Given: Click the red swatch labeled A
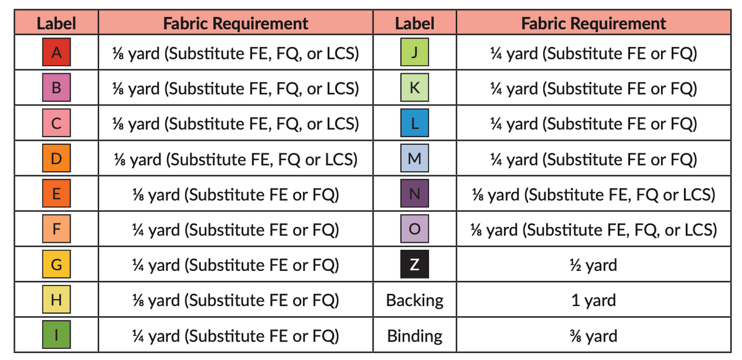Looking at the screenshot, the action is pyautogui.click(x=56, y=52).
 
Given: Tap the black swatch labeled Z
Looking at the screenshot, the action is pyautogui.click(x=414, y=264).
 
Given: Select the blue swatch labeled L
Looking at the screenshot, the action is pyautogui.click(x=414, y=123).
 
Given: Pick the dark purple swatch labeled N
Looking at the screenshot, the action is pyautogui.click(x=414, y=193).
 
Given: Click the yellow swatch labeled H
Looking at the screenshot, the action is pyautogui.click(x=56, y=299).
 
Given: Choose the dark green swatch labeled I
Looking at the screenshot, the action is pyautogui.click(x=56, y=335).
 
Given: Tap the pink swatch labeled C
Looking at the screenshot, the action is pyautogui.click(x=56, y=123).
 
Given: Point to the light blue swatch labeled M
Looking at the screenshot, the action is pyautogui.click(x=414, y=158).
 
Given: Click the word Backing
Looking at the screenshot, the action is pyautogui.click(x=415, y=301).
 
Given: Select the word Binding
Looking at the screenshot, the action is pyautogui.click(x=415, y=336).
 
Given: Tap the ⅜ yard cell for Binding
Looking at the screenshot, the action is pyautogui.click(x=594, y=336).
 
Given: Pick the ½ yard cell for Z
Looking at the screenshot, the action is pyautogui.click(x=594, y=265).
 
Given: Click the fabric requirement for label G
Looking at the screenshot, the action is pyautogui.click(x=236, y=265).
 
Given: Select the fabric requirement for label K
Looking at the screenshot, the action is pyautogui.click(x=594, y=89).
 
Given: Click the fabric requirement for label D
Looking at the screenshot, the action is pyautogui.click(x=236, y=160).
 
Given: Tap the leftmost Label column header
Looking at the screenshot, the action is pyautogui.click(x=56, y=24).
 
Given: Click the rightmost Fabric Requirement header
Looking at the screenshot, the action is pyautogui.click(x=594, y=24).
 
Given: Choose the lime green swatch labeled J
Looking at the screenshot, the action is pyautogui.click(x=414, y=52).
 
